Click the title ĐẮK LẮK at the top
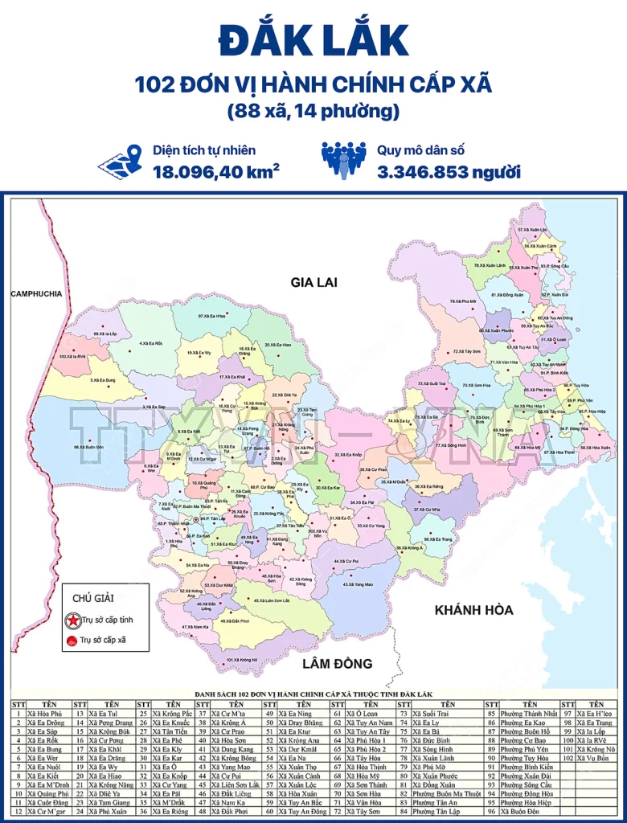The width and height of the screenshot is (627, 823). click(313, 42)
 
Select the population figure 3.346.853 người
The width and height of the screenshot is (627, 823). click(449, 171)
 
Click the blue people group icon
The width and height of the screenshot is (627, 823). click(343, 160)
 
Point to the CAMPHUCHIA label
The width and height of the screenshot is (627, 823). click(36, 294)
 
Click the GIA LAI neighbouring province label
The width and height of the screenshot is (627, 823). click(314, 282)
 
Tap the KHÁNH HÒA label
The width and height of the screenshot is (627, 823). click(473, 610)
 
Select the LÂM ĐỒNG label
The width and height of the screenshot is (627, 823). click(338, 664)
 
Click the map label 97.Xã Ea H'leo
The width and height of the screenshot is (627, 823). click(212, 317)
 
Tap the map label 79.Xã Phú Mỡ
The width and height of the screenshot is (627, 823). click(463, 301)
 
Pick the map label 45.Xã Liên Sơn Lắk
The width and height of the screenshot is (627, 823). click(272, 600)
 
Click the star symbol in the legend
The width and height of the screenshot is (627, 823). click(72, 620)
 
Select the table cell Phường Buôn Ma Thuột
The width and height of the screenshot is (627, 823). click(447, 793)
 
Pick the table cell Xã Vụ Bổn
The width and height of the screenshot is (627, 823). click(596, 757)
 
